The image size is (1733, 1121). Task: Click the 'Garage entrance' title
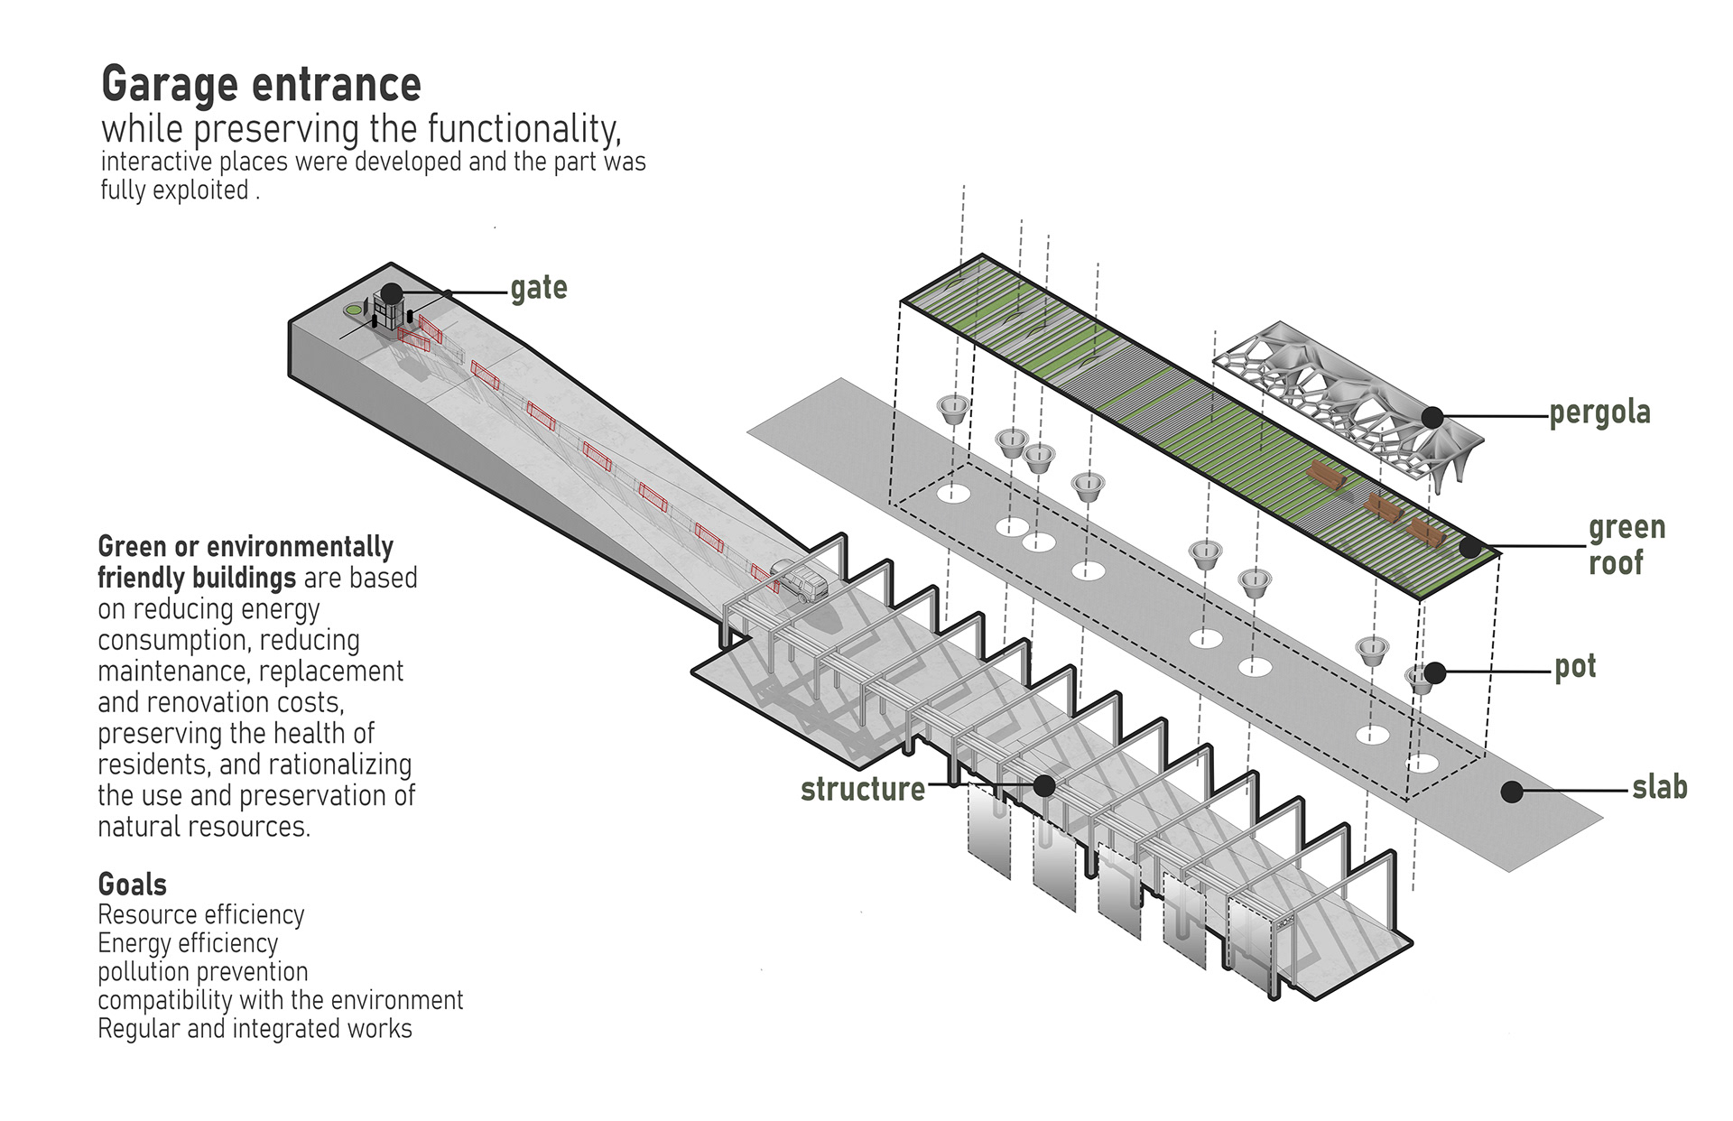(x=261, y=85)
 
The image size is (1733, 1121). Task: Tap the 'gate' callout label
(x=539, y=289)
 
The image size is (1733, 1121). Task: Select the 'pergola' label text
(x=1599, y=412)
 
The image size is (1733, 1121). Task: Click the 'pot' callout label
(x=1574, y=667)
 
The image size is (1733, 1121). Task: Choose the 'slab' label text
(x=1659, y=787)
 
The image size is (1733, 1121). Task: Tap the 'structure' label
(x=862, y=789)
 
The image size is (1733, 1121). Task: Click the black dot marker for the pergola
(x=1432, y=417)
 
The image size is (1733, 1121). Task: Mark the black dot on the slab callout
(x=1512, y=792)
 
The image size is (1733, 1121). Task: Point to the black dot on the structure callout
(x=1044, y=785)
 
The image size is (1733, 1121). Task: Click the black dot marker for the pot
(x=1435, y=672)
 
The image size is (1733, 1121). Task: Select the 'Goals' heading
(x=132, y=884)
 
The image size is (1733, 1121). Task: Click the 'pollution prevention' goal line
(x=203, y=972)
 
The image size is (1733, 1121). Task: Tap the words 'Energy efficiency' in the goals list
(x=188, y=943)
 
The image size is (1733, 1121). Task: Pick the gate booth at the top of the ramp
(x=386, y=314)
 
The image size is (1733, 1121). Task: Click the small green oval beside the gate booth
(x=352, y=310)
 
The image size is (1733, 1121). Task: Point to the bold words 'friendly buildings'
(x=197, y=578)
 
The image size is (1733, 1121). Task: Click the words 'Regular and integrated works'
(x=255, y=1029)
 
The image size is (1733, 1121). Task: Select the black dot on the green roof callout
(x=1470, y=547)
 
